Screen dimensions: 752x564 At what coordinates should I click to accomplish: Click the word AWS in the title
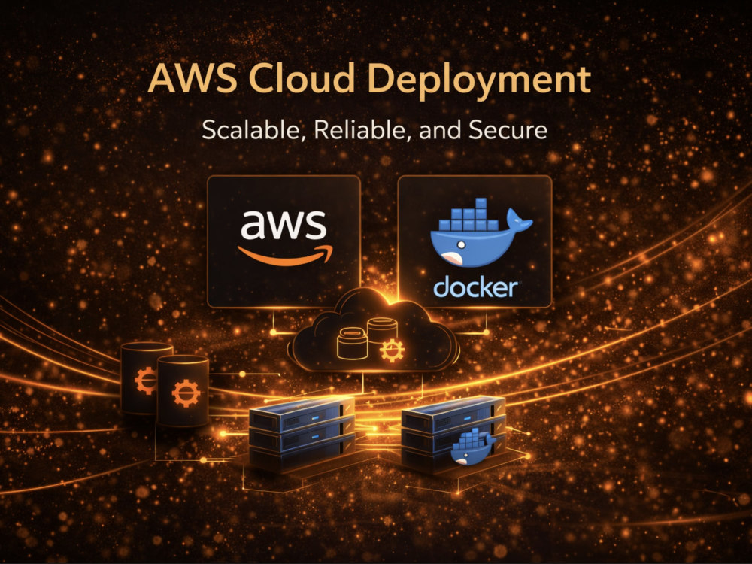click(193, 79)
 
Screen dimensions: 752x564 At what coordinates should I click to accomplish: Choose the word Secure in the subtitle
click(508, 130)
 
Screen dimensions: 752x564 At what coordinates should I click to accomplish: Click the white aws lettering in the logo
click(284, 224)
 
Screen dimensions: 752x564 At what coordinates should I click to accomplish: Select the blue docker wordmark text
click(475, 287)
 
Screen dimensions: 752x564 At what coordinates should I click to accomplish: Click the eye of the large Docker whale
click(461, 244)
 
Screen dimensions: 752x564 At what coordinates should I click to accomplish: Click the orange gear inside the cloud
click(392, 350)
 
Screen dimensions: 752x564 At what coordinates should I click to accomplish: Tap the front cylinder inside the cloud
click(353, 344)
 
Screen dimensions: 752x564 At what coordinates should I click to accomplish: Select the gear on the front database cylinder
click(186, 393)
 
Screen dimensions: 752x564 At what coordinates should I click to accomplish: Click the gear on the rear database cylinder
click(145, 381)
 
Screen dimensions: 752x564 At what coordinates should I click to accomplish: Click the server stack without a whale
click(302, 434)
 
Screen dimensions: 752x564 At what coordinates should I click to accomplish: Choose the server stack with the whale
click(453, 432)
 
